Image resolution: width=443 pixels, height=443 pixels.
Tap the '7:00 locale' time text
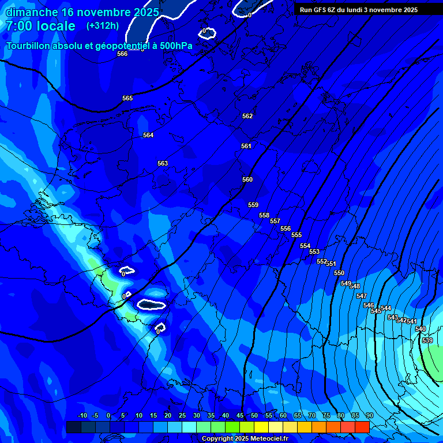tap(40, 26)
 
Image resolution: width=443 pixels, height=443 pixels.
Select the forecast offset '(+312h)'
tap(103, 26)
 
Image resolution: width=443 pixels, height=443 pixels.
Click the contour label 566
tap(122, 54)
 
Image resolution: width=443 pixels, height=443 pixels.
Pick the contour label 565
tap(127, 98)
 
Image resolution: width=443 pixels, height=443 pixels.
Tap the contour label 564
tap(148, 135)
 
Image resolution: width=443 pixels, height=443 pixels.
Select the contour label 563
tap(163, 163)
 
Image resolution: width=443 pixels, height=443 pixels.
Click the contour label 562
tap(247, 116)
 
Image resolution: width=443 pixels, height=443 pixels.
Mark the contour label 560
tap(247, 179)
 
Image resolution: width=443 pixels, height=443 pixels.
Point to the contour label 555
tap(296, 235)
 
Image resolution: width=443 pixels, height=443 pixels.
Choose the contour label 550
tap(339, 273)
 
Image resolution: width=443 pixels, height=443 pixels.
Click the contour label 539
tap(427, 340)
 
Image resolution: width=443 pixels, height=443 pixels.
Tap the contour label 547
tap(362, 296)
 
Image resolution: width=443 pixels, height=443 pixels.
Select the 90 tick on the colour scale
tap(369, 416)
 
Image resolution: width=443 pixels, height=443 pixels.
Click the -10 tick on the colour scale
tap(82, 416)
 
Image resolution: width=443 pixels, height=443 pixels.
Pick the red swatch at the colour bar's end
tap(362, 427)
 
